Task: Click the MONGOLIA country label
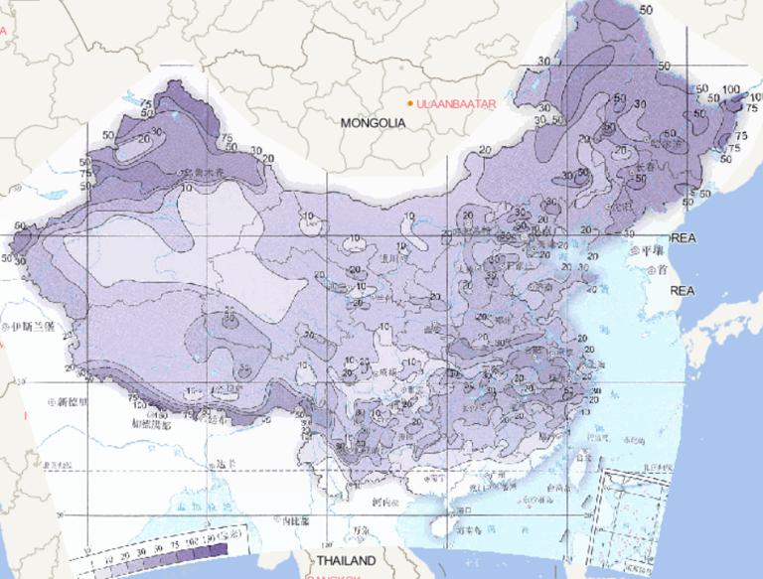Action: tap(374, 123)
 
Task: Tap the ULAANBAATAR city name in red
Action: tap(456, 102)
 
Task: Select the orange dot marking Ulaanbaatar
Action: tap(409, 102)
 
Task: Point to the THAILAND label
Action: tap(345, 561)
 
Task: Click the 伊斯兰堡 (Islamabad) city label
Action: tap(34, 325)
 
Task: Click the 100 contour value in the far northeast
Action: tap(731, 89)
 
